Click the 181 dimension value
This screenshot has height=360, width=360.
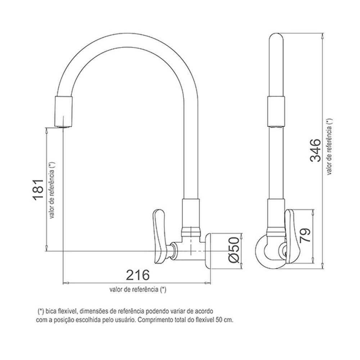pyautogui.click(x=39, y=190)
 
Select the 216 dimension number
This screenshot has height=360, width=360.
pyautogui.click(x=138, y=275)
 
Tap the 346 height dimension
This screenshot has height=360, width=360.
pyautogui.click(x=315, y=150)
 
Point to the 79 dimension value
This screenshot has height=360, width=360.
pyautogui.click(x=305, y=235)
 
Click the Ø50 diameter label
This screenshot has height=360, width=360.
pyautogui.click(x=234, y=249)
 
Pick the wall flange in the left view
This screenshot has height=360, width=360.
pyautogui.click(x=208, y=252)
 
